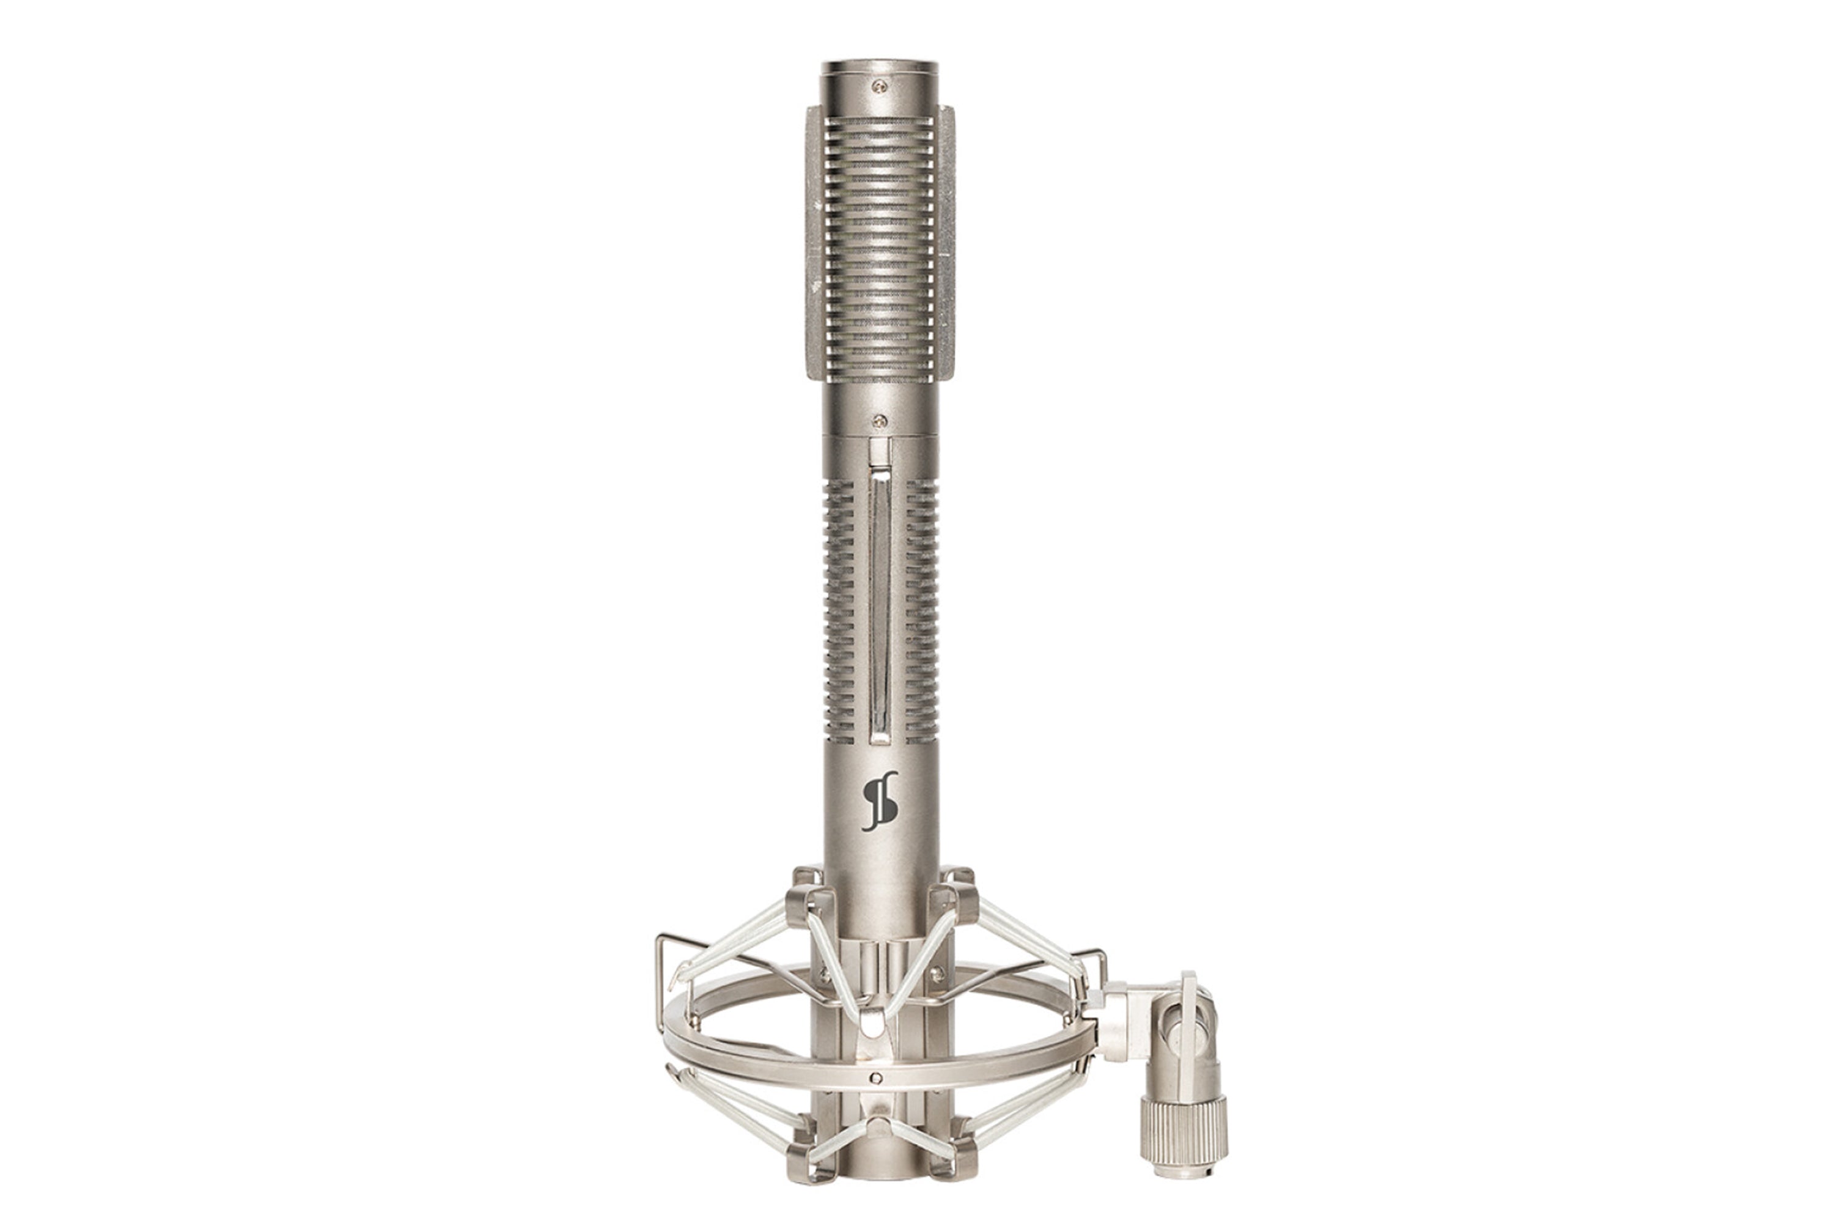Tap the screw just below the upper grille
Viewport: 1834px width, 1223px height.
click(880, 421)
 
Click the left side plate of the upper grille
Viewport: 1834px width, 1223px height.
click(812, 242)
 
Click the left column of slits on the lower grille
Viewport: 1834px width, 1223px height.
click(838, 608)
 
